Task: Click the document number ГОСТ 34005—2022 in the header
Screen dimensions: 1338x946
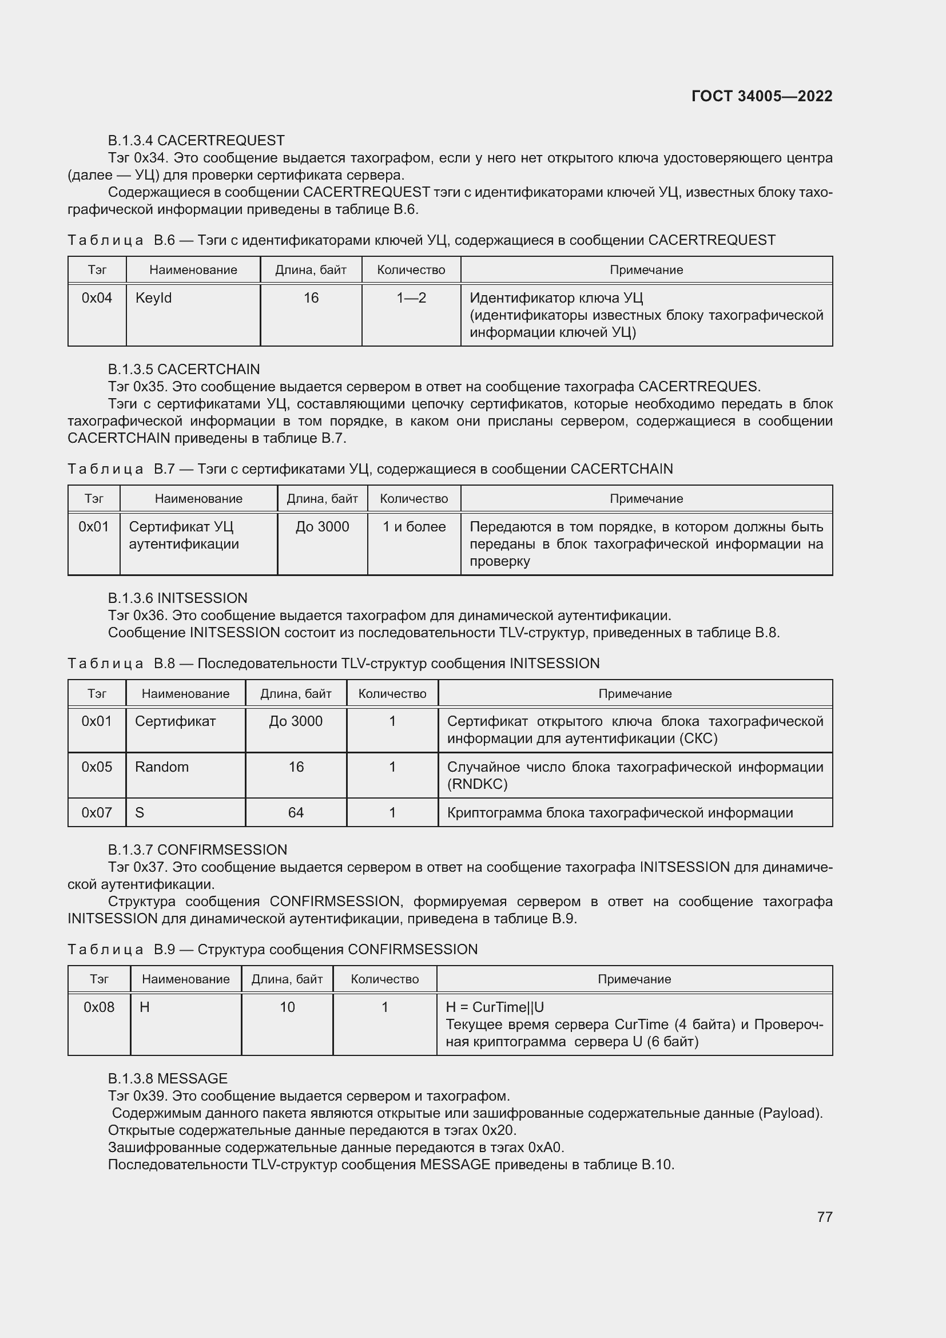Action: (x=761, y=96)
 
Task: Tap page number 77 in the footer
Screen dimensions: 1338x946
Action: (x=824, y=1217)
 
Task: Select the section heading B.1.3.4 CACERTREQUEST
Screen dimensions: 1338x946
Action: (x=196, y=141)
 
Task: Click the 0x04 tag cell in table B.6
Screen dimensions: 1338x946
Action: (x=97, y=299)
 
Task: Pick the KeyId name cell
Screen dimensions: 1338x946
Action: (x=154, y=299)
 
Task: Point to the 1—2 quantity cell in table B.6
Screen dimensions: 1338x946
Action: (x=411, y=299)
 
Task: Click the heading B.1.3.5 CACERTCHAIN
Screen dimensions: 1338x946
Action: (x=184, y=370)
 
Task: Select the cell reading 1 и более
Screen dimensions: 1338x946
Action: (x=414, y=527)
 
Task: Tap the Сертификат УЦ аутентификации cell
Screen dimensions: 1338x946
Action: (x=184, y=535)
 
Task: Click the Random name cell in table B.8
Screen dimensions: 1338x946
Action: (x=162, y=767)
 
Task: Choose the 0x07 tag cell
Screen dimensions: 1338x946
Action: (x=97, y=813)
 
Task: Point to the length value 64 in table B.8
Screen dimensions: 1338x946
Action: (x=295, y=813)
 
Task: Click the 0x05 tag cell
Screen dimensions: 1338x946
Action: (x=97, y=767)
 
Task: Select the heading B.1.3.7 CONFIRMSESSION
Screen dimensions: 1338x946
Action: (x=197, y=849)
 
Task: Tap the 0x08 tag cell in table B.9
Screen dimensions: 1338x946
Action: (x=99, y=1007)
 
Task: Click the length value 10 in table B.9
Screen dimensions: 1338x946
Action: (x=287, y=1007)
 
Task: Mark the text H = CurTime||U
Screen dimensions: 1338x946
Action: (x=495, y=1007)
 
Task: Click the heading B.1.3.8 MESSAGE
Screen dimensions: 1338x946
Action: (x=167, y=1079)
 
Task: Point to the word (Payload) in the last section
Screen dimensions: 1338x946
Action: (x=790, y=1113)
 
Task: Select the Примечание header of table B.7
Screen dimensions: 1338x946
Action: (x=646, y=499)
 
